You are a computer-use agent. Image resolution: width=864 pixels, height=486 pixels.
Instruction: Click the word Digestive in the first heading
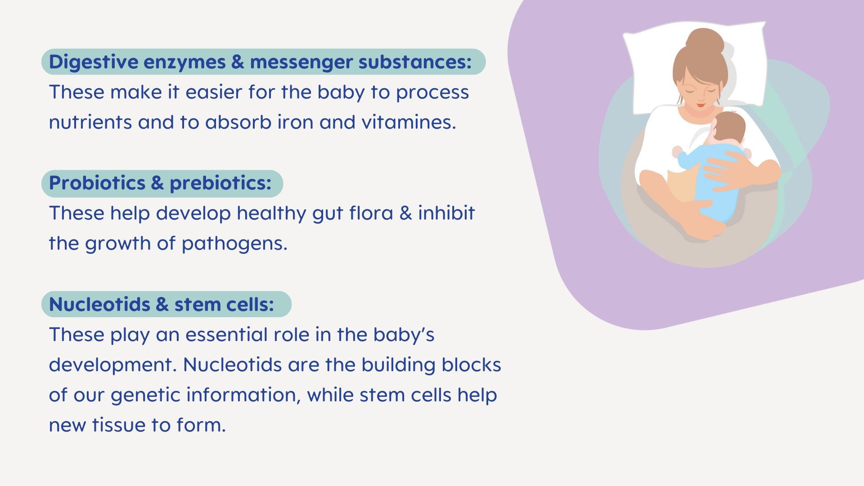click(93, 62)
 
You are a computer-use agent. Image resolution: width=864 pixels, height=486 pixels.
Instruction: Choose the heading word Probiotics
click(97, 183)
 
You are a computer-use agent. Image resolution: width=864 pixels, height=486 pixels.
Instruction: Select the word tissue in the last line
click(119, 425)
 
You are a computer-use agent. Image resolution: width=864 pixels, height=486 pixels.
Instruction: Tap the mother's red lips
click(700, 105)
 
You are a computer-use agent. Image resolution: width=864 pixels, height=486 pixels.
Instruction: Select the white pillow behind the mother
click(695, 67)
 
